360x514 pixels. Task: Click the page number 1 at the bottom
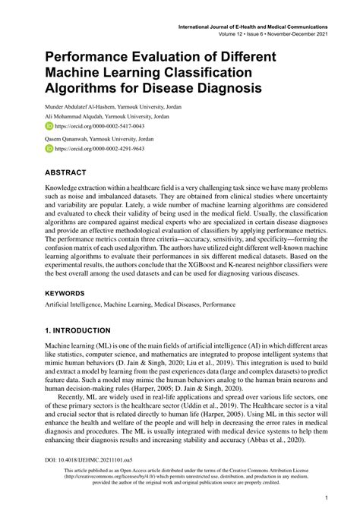tap(325, 498)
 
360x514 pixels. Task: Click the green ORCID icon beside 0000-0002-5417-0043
tap(49, 126)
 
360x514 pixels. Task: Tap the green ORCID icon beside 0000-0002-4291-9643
tap(49, 150)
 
